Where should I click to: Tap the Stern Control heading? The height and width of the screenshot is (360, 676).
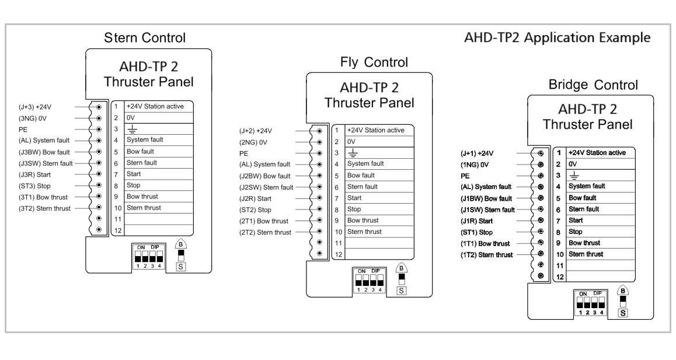[x=145, y=39]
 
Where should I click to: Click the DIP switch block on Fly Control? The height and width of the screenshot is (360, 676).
[x=368, y=279]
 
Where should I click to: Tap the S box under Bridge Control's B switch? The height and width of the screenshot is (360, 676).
[x=623, y=313]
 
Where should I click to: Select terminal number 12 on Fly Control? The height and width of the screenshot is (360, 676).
[x=337, y=254]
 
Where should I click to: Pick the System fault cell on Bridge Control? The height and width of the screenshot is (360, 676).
[x=587, y=186]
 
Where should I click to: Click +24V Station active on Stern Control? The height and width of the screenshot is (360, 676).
[x=151, y=107]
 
